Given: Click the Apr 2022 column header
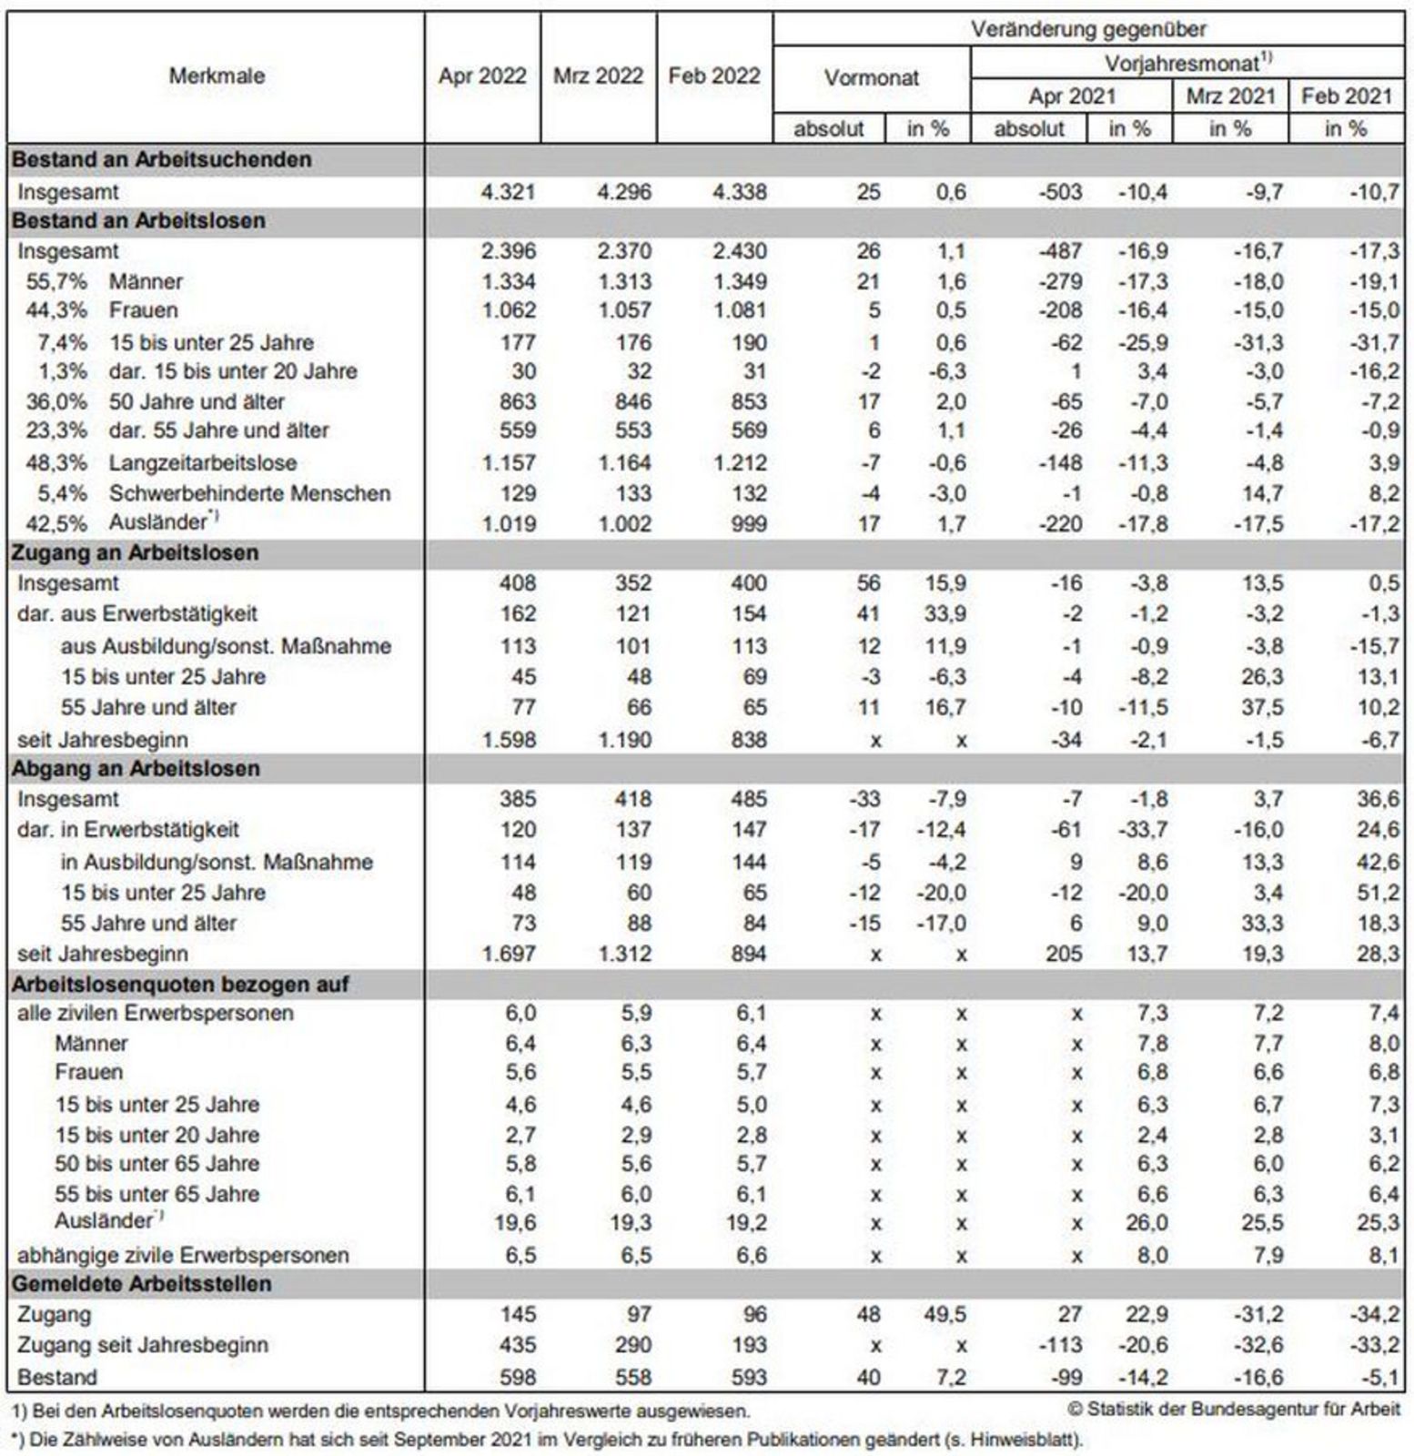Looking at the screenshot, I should [482, 76].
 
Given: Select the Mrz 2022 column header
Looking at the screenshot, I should [598, 76].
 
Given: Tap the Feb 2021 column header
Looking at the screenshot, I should [1347, 96].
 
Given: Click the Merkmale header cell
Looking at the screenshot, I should [217, 76].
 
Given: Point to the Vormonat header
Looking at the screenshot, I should [871, 78].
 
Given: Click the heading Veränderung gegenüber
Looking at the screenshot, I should [1087, 29].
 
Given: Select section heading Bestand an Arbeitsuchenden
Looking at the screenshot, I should [161, 159].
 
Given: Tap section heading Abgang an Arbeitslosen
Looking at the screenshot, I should [136, 769].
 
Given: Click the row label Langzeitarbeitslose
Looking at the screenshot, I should [203, 463].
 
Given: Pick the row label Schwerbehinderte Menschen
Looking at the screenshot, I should [249, 493].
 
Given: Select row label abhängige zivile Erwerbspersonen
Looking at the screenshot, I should [183, 1255].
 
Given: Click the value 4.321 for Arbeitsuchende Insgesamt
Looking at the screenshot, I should [509, 192].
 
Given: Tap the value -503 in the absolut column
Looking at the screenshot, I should [1060, 192].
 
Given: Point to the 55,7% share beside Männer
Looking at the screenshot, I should [56, 282].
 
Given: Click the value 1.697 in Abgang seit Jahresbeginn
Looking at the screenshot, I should [509, 954].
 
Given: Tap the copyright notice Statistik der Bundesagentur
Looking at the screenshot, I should [1235, 1410].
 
